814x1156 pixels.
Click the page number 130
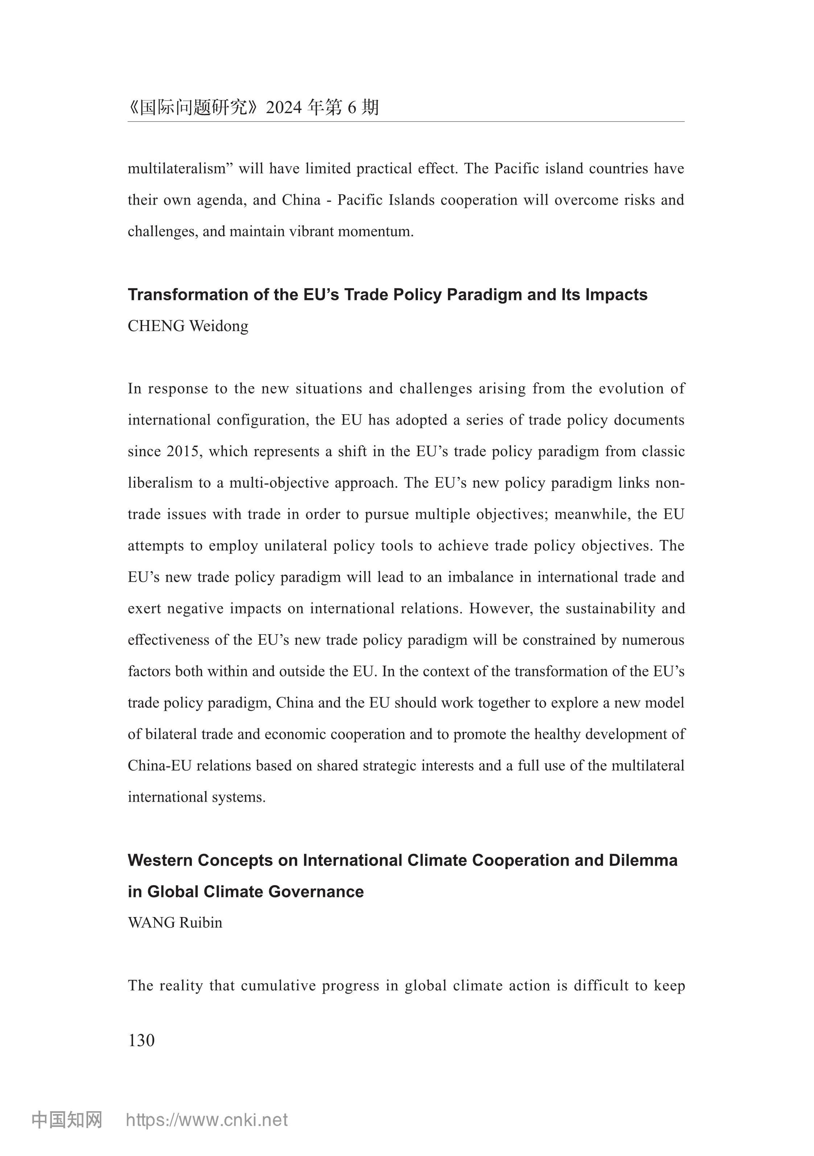(x=141, y=1040)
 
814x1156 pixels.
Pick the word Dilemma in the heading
(x=643, y=860)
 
